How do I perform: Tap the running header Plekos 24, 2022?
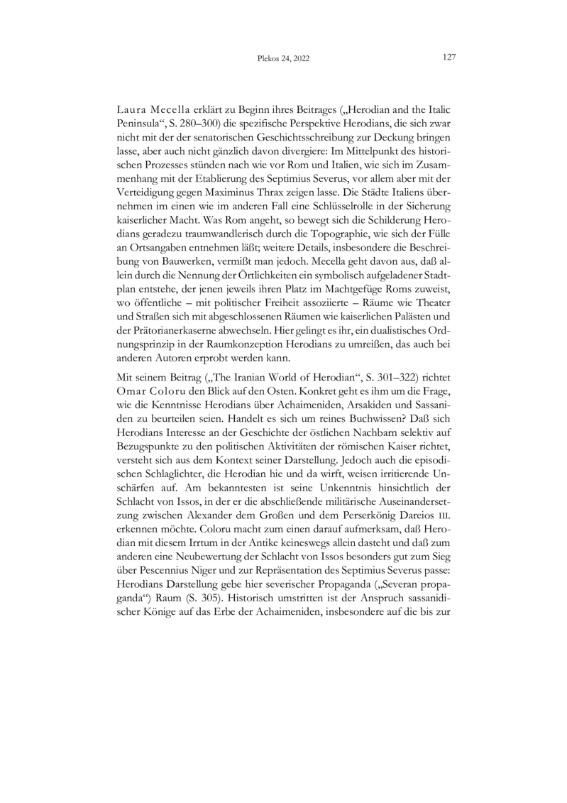284,59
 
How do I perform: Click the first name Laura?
131,112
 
